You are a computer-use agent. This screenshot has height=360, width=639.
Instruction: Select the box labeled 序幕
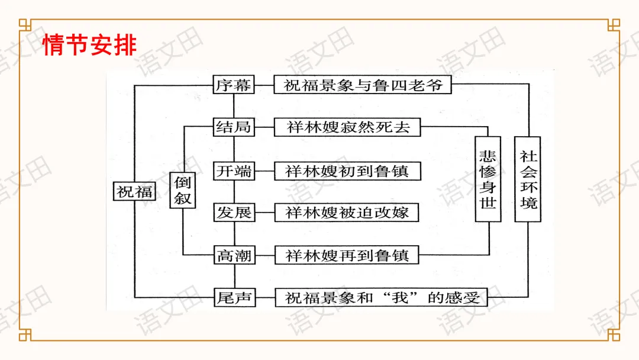234,85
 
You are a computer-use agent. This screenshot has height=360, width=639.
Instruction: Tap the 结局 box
234,127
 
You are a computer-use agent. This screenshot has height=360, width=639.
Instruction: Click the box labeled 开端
234,171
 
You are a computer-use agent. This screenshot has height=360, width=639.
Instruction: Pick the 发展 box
234,213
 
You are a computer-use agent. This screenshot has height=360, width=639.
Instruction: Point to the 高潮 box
234,256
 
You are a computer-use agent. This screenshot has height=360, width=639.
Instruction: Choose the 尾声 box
234,297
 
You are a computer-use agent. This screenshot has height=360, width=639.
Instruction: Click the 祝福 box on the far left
134,191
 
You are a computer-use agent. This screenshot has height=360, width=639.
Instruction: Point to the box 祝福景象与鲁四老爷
362,85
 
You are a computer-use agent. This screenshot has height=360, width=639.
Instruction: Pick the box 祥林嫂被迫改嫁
347,213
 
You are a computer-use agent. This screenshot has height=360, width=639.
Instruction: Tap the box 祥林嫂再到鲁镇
347,256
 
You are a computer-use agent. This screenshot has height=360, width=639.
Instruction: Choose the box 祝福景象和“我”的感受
381,297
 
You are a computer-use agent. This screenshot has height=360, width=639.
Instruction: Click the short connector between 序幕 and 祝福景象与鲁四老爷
264,85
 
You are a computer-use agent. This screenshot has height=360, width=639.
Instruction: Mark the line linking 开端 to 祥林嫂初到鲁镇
264,171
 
